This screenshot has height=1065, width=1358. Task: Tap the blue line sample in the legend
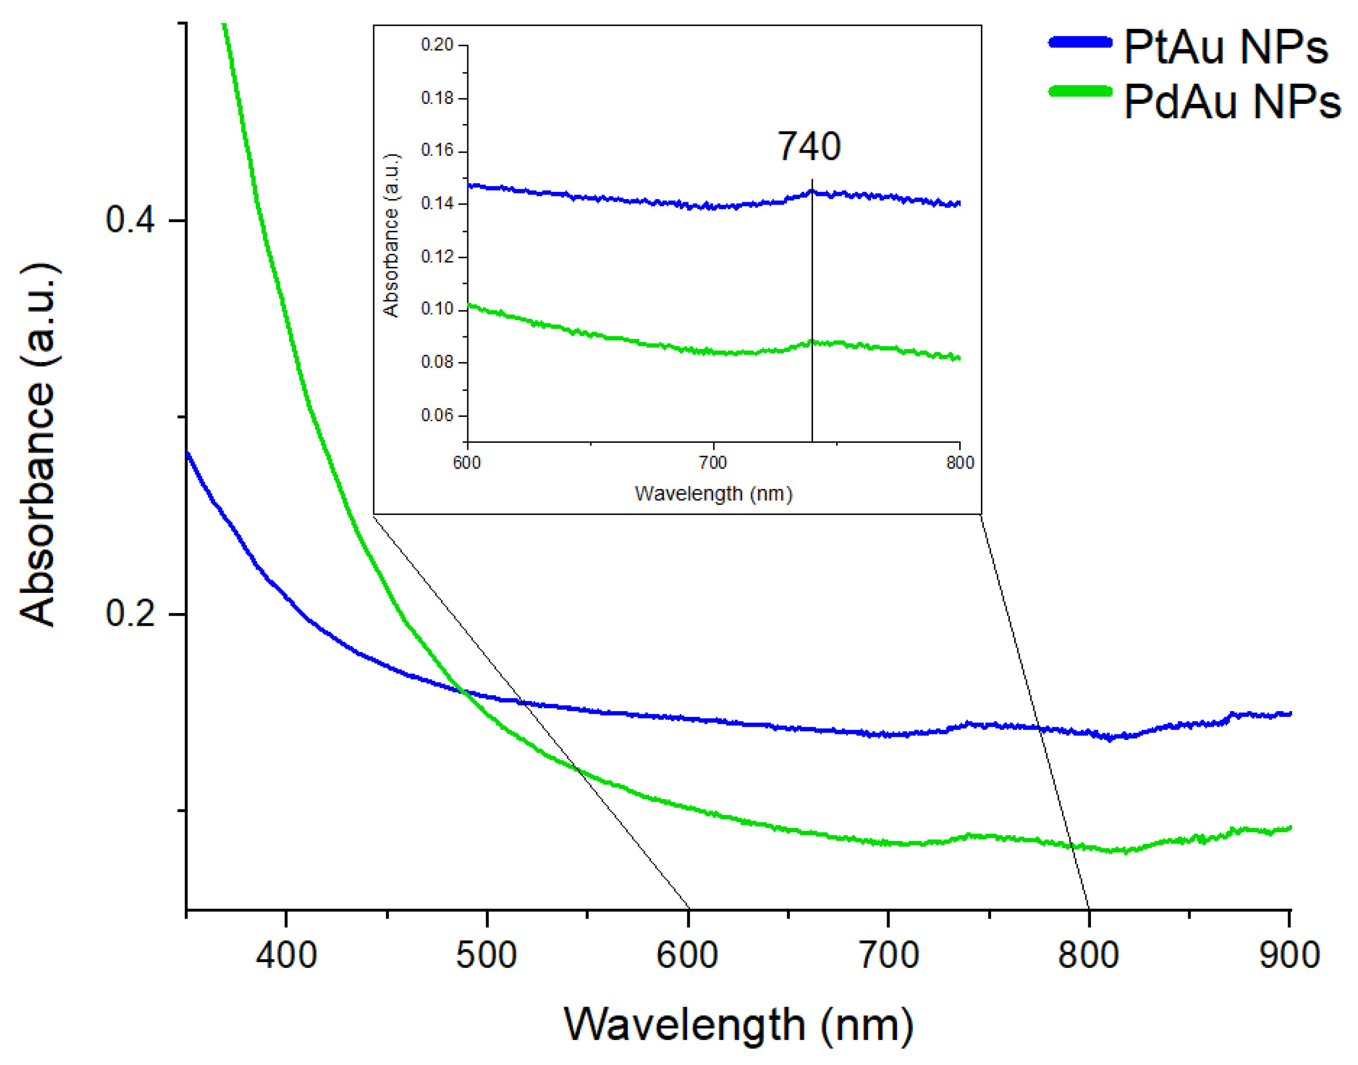pyautogui.click(x=1080, y=42)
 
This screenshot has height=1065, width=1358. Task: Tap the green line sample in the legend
pyautogui.click(x=1080, y=92)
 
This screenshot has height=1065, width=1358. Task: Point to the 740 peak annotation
pyautogui.click(x=809, y=147)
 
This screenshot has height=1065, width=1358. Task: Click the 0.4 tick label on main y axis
pyautogui.click(x=130, y=220)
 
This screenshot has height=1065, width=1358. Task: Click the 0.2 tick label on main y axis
pyautogui.click(x=130, y=613)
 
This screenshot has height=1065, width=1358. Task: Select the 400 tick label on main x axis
pyautogui.click(x=286, y=954)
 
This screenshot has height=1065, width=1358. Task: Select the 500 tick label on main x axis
pyautogui.click(x=487, y=954)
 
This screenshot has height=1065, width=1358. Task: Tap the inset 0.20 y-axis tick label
pyautogui.click(x=437, y=45)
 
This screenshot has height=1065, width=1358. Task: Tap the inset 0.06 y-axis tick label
pyautogui.click(x=437, y=416)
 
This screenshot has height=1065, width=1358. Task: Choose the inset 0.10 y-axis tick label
pyautogui.click(x=437, y=309)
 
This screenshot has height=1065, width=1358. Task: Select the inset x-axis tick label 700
pyautogui.click(x=713, y=463)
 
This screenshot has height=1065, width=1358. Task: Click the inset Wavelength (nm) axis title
pyautogui.click(x=714, y=494)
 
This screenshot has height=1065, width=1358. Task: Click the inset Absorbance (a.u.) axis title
pyautogui.click(x=391, y=236)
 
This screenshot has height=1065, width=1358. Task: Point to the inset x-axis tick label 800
pyautogui.click(x=959, y=463)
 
